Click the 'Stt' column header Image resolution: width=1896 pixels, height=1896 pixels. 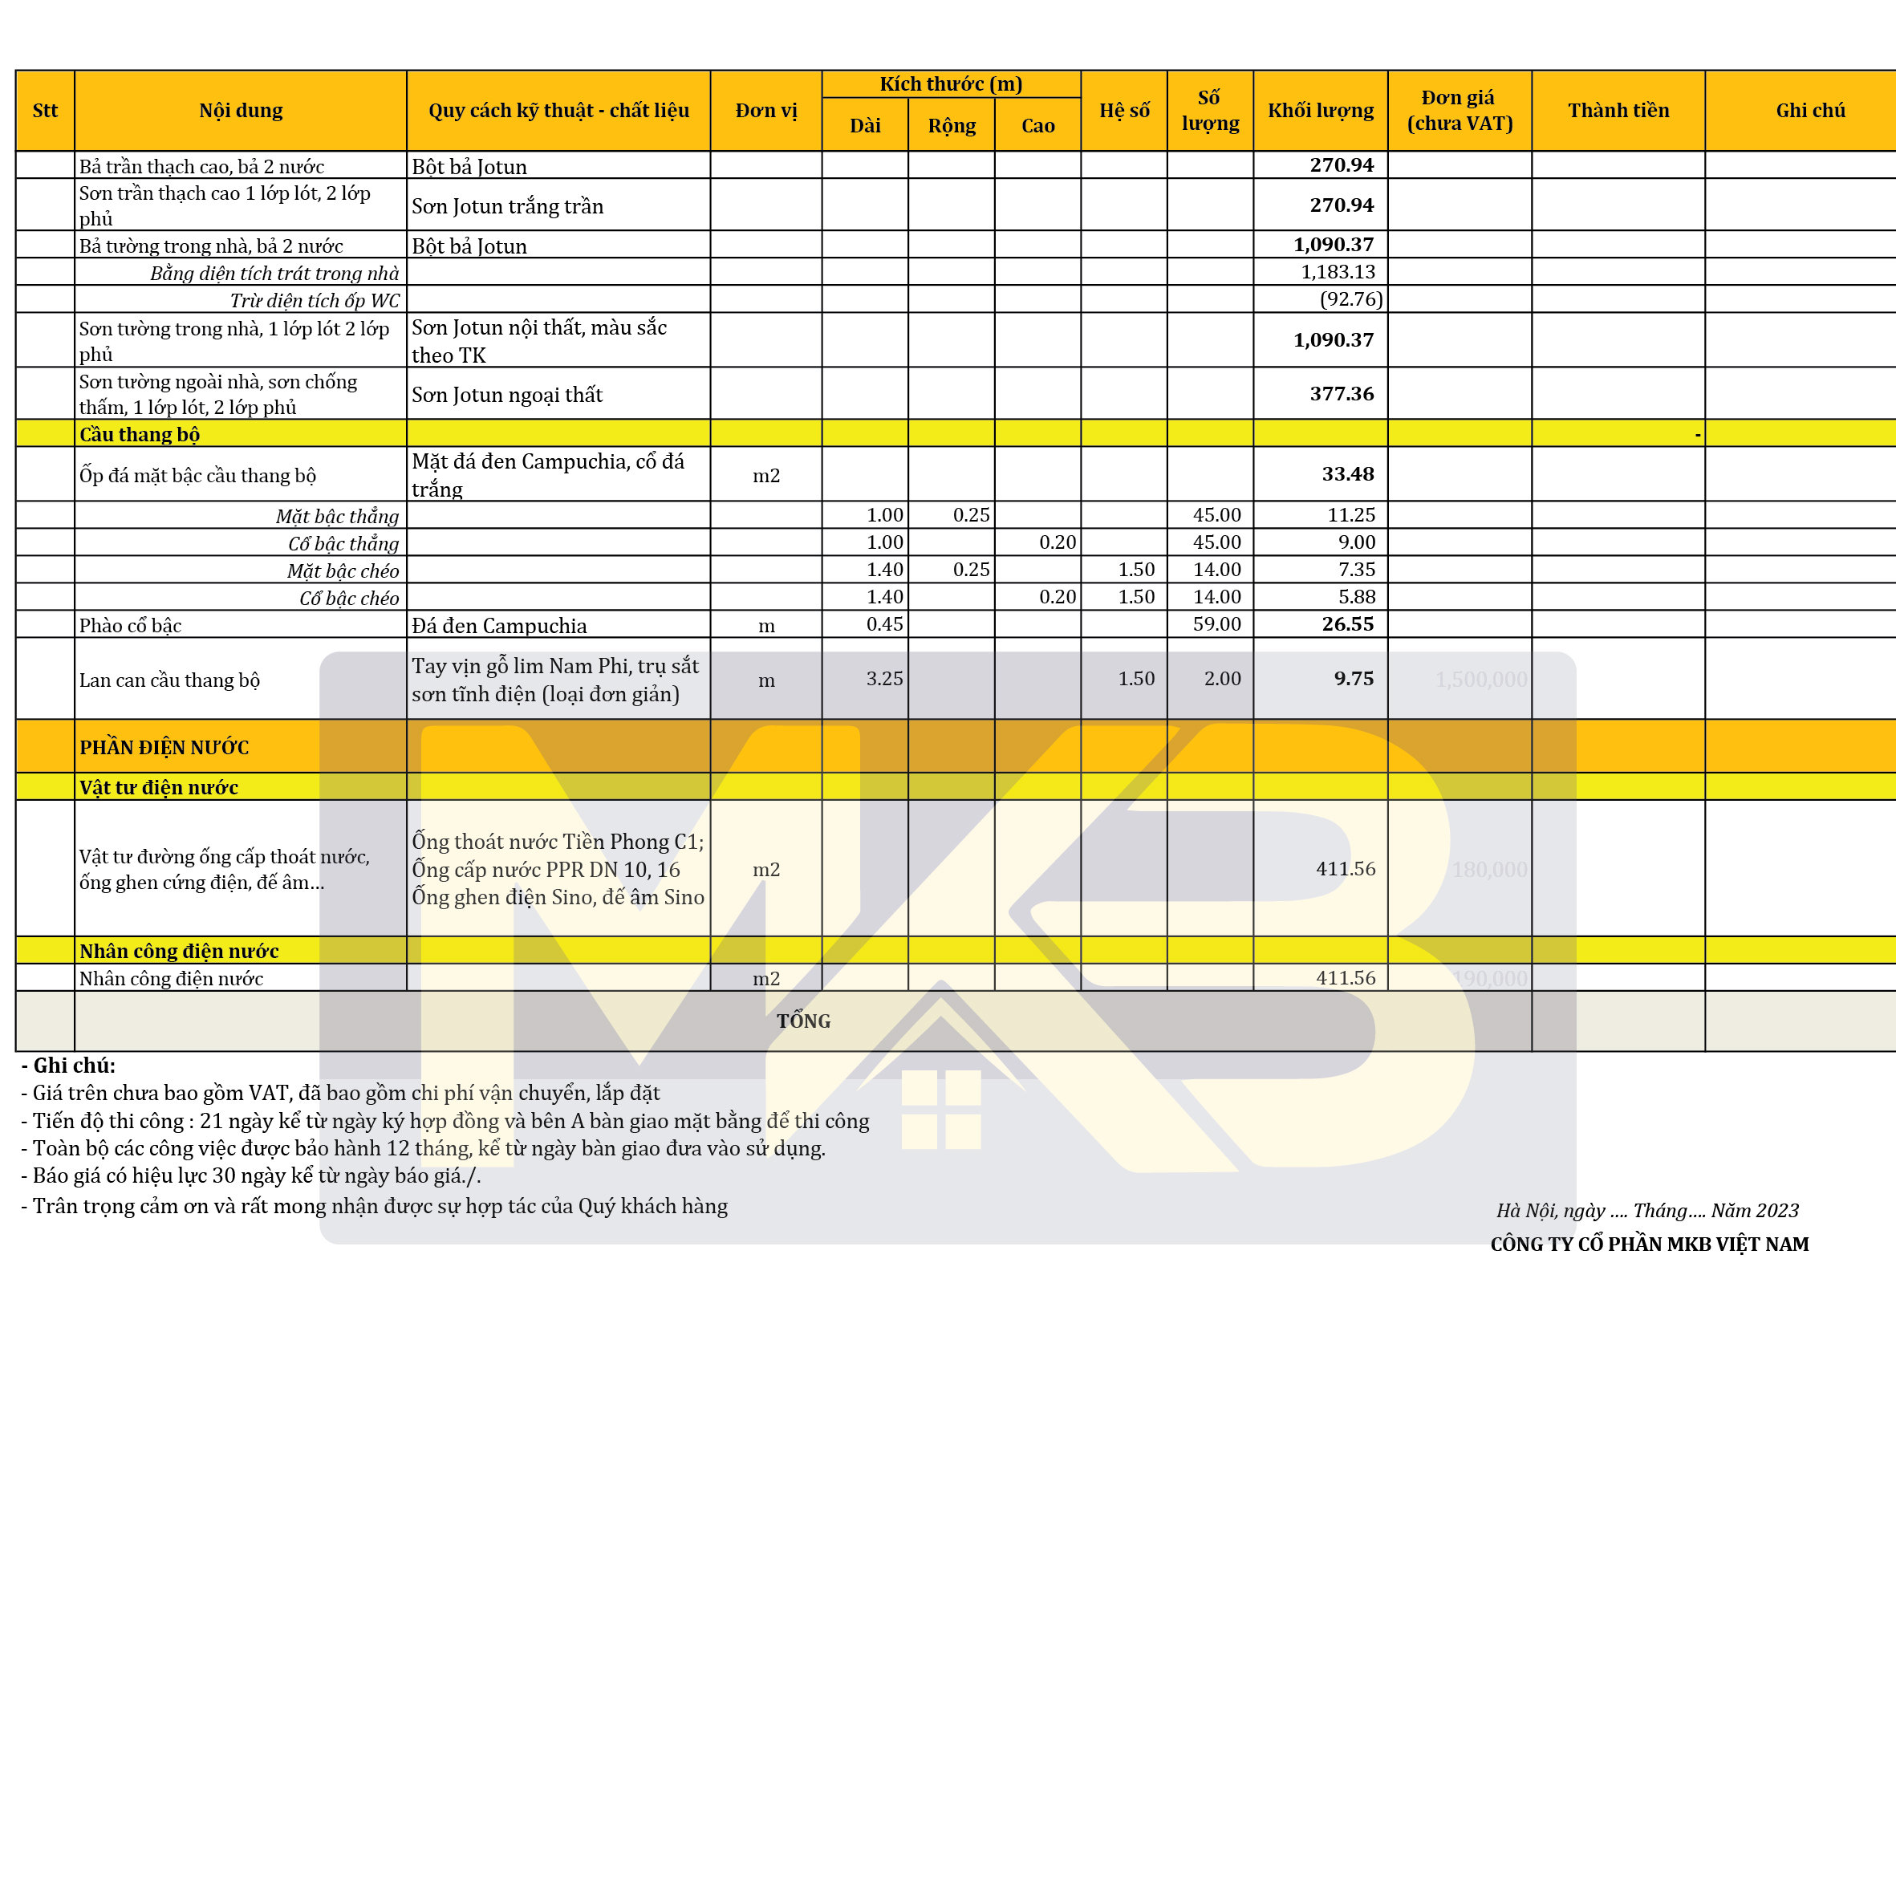(45, 110)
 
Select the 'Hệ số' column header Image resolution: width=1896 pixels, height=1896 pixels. (1123, 110)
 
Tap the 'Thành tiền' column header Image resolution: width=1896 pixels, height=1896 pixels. (1618, 110)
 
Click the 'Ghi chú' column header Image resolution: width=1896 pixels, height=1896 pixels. (1809, 110)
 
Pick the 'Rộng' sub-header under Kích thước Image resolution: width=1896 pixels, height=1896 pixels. (951, 126)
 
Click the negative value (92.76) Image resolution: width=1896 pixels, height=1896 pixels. (1350, 299)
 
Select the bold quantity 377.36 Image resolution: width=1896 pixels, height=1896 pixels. (1342, 393)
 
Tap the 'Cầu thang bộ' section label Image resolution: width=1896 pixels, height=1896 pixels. (140, 434)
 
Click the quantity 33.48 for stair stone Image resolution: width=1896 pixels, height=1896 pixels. (1347, 474)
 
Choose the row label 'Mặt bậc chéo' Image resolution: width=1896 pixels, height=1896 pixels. (343, 570)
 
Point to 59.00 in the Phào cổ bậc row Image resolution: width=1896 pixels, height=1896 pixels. (1217, 624)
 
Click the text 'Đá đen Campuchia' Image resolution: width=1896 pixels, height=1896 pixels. (498, 625)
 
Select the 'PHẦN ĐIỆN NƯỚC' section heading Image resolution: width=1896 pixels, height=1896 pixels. (164, 748)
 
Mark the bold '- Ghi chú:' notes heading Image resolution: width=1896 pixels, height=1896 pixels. (69, 1066)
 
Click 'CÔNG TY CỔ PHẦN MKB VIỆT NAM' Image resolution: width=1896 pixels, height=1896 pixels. (1649, 1244)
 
